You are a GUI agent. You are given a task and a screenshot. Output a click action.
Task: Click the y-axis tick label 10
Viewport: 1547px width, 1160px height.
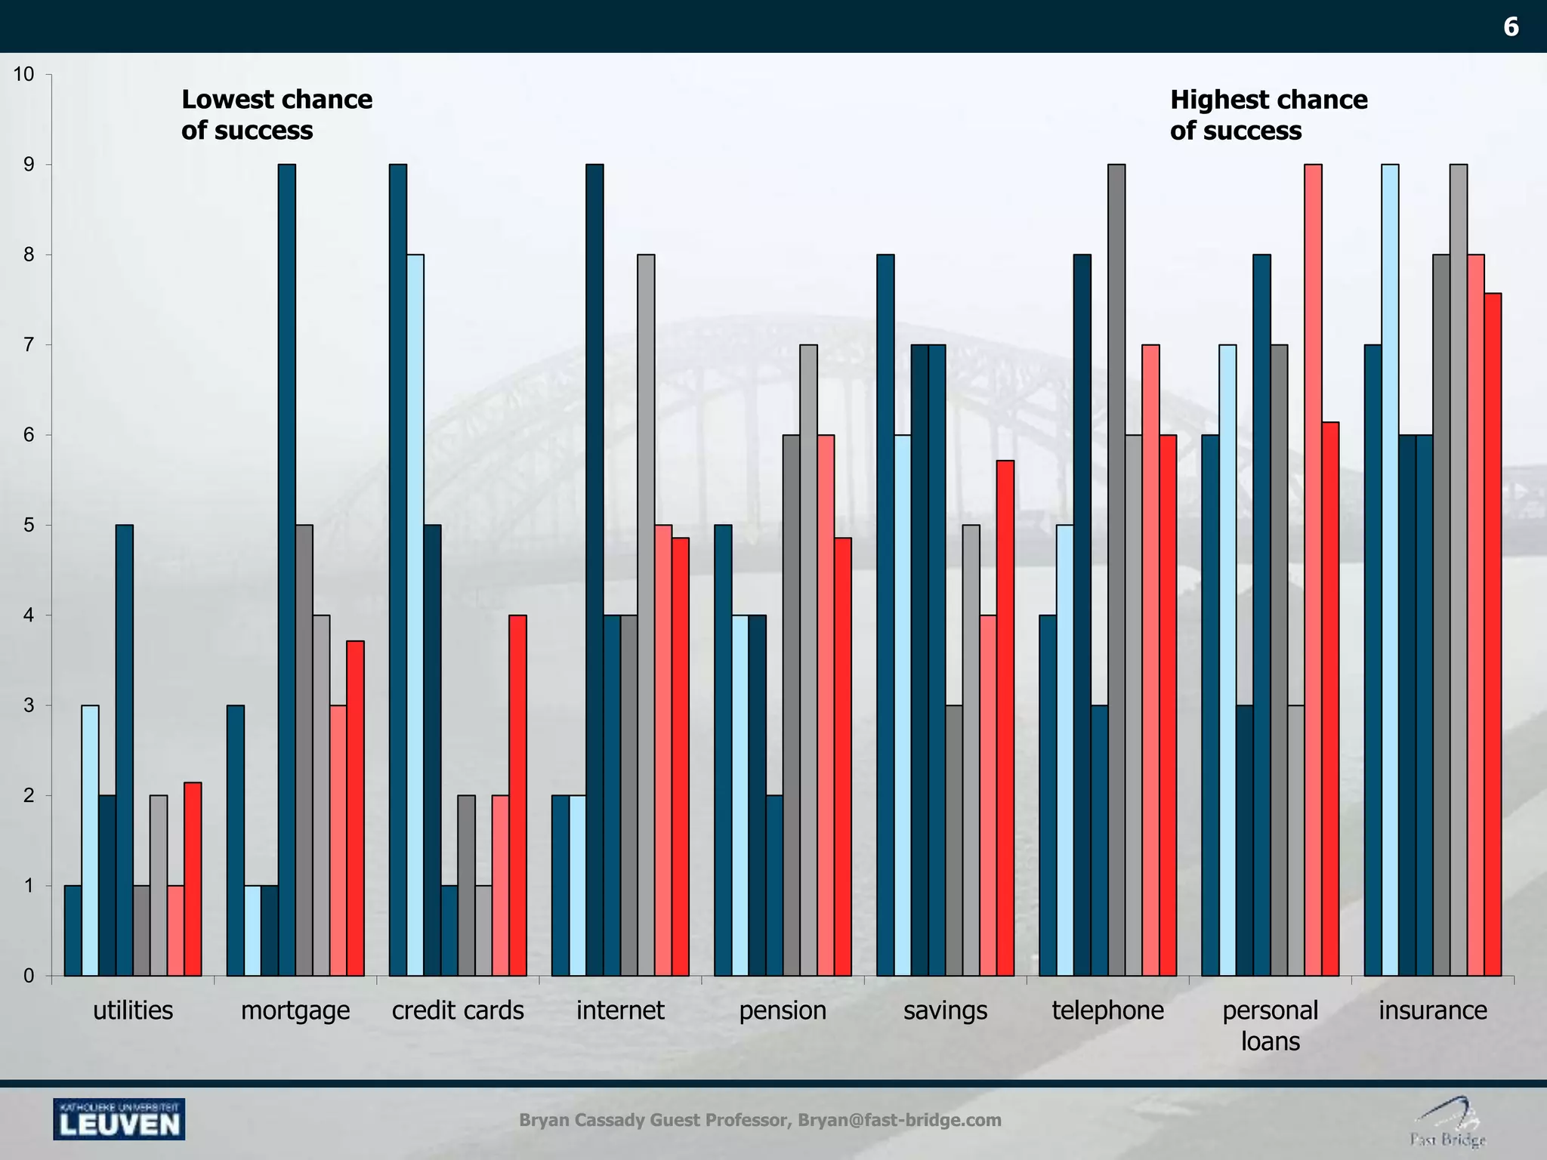coord(23,74)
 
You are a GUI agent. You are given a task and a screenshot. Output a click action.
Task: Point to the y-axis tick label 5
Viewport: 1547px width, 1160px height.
coord(29,525)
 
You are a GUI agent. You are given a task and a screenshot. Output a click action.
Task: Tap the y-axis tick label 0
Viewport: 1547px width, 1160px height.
coord(29,976)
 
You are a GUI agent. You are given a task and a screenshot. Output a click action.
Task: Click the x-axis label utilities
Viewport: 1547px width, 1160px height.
coord(133,1010)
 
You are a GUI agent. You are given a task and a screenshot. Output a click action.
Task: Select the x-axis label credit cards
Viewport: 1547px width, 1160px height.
coord(458,1010)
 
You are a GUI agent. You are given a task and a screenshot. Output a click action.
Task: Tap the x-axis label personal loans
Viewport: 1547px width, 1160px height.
coord(1270,1026)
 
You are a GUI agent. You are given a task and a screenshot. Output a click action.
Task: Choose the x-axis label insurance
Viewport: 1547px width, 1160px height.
coord(1432,1010)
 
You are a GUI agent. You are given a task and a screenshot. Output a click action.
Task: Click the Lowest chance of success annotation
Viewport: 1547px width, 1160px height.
coord(276,115)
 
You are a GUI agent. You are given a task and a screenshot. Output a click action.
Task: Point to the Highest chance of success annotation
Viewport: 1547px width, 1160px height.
coord(1268,115)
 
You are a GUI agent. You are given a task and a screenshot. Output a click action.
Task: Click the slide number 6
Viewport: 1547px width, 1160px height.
coord(1511,27)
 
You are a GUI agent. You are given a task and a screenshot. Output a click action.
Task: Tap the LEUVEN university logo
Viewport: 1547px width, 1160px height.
coord(119,1119)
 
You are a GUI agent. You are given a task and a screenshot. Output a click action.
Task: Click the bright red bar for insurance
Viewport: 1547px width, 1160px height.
coord(1493,634)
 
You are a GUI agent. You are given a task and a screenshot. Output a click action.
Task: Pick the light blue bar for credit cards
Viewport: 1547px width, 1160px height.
coord(415,615)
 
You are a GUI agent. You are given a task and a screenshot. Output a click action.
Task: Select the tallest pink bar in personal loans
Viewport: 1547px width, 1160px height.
coord(1313,569)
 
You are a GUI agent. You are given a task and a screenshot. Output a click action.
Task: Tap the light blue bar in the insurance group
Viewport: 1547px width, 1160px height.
coord(1390,569)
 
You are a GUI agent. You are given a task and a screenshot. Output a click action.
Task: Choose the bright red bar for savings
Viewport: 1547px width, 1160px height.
coord(1005,717)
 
